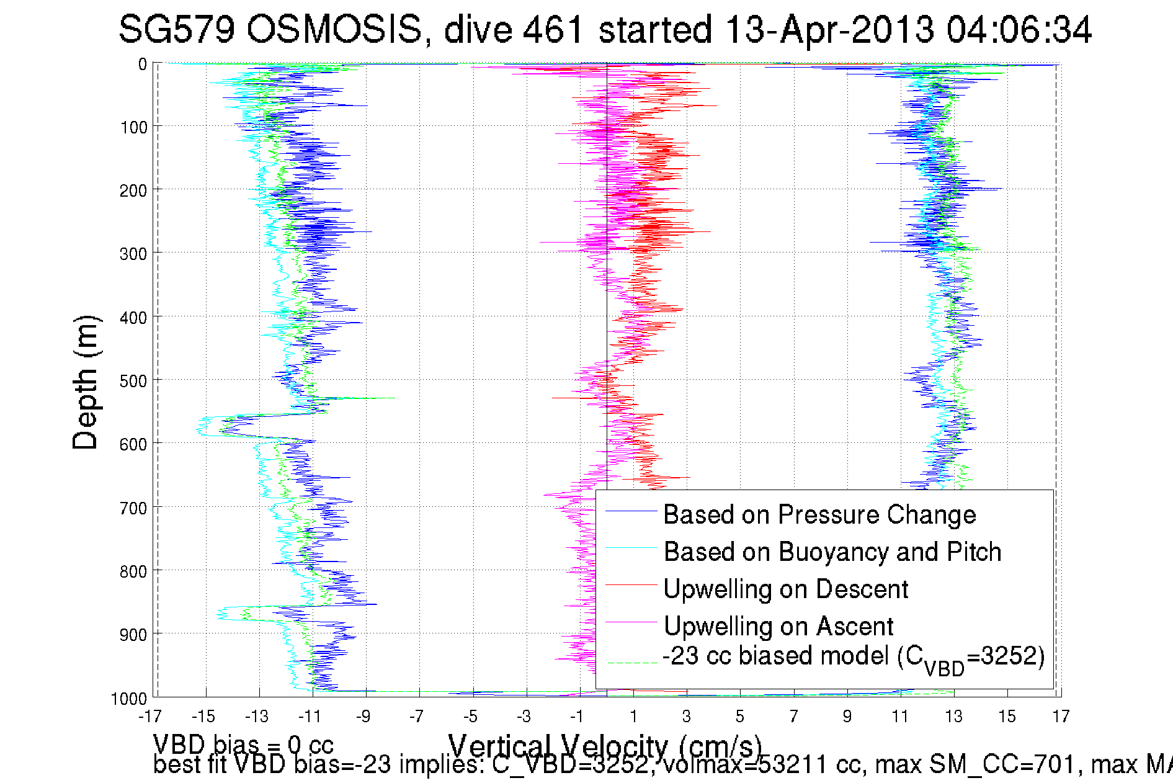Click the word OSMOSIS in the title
point(334,29)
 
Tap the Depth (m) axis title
point(86,382)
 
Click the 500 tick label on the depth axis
point(133,381)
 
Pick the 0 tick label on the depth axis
point(143,65)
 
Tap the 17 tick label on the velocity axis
point(1061,717)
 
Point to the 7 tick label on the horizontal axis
point(793,717)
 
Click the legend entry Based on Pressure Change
point(819,514)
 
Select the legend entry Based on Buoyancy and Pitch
point(832,552)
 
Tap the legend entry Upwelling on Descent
point(785,589)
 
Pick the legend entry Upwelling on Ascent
point(778,626)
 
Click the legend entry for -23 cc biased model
point(853,657)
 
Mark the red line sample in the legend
point(631,585)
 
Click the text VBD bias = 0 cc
point(243,744)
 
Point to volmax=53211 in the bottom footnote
point(746,765)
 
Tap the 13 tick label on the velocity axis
point(953,717)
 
